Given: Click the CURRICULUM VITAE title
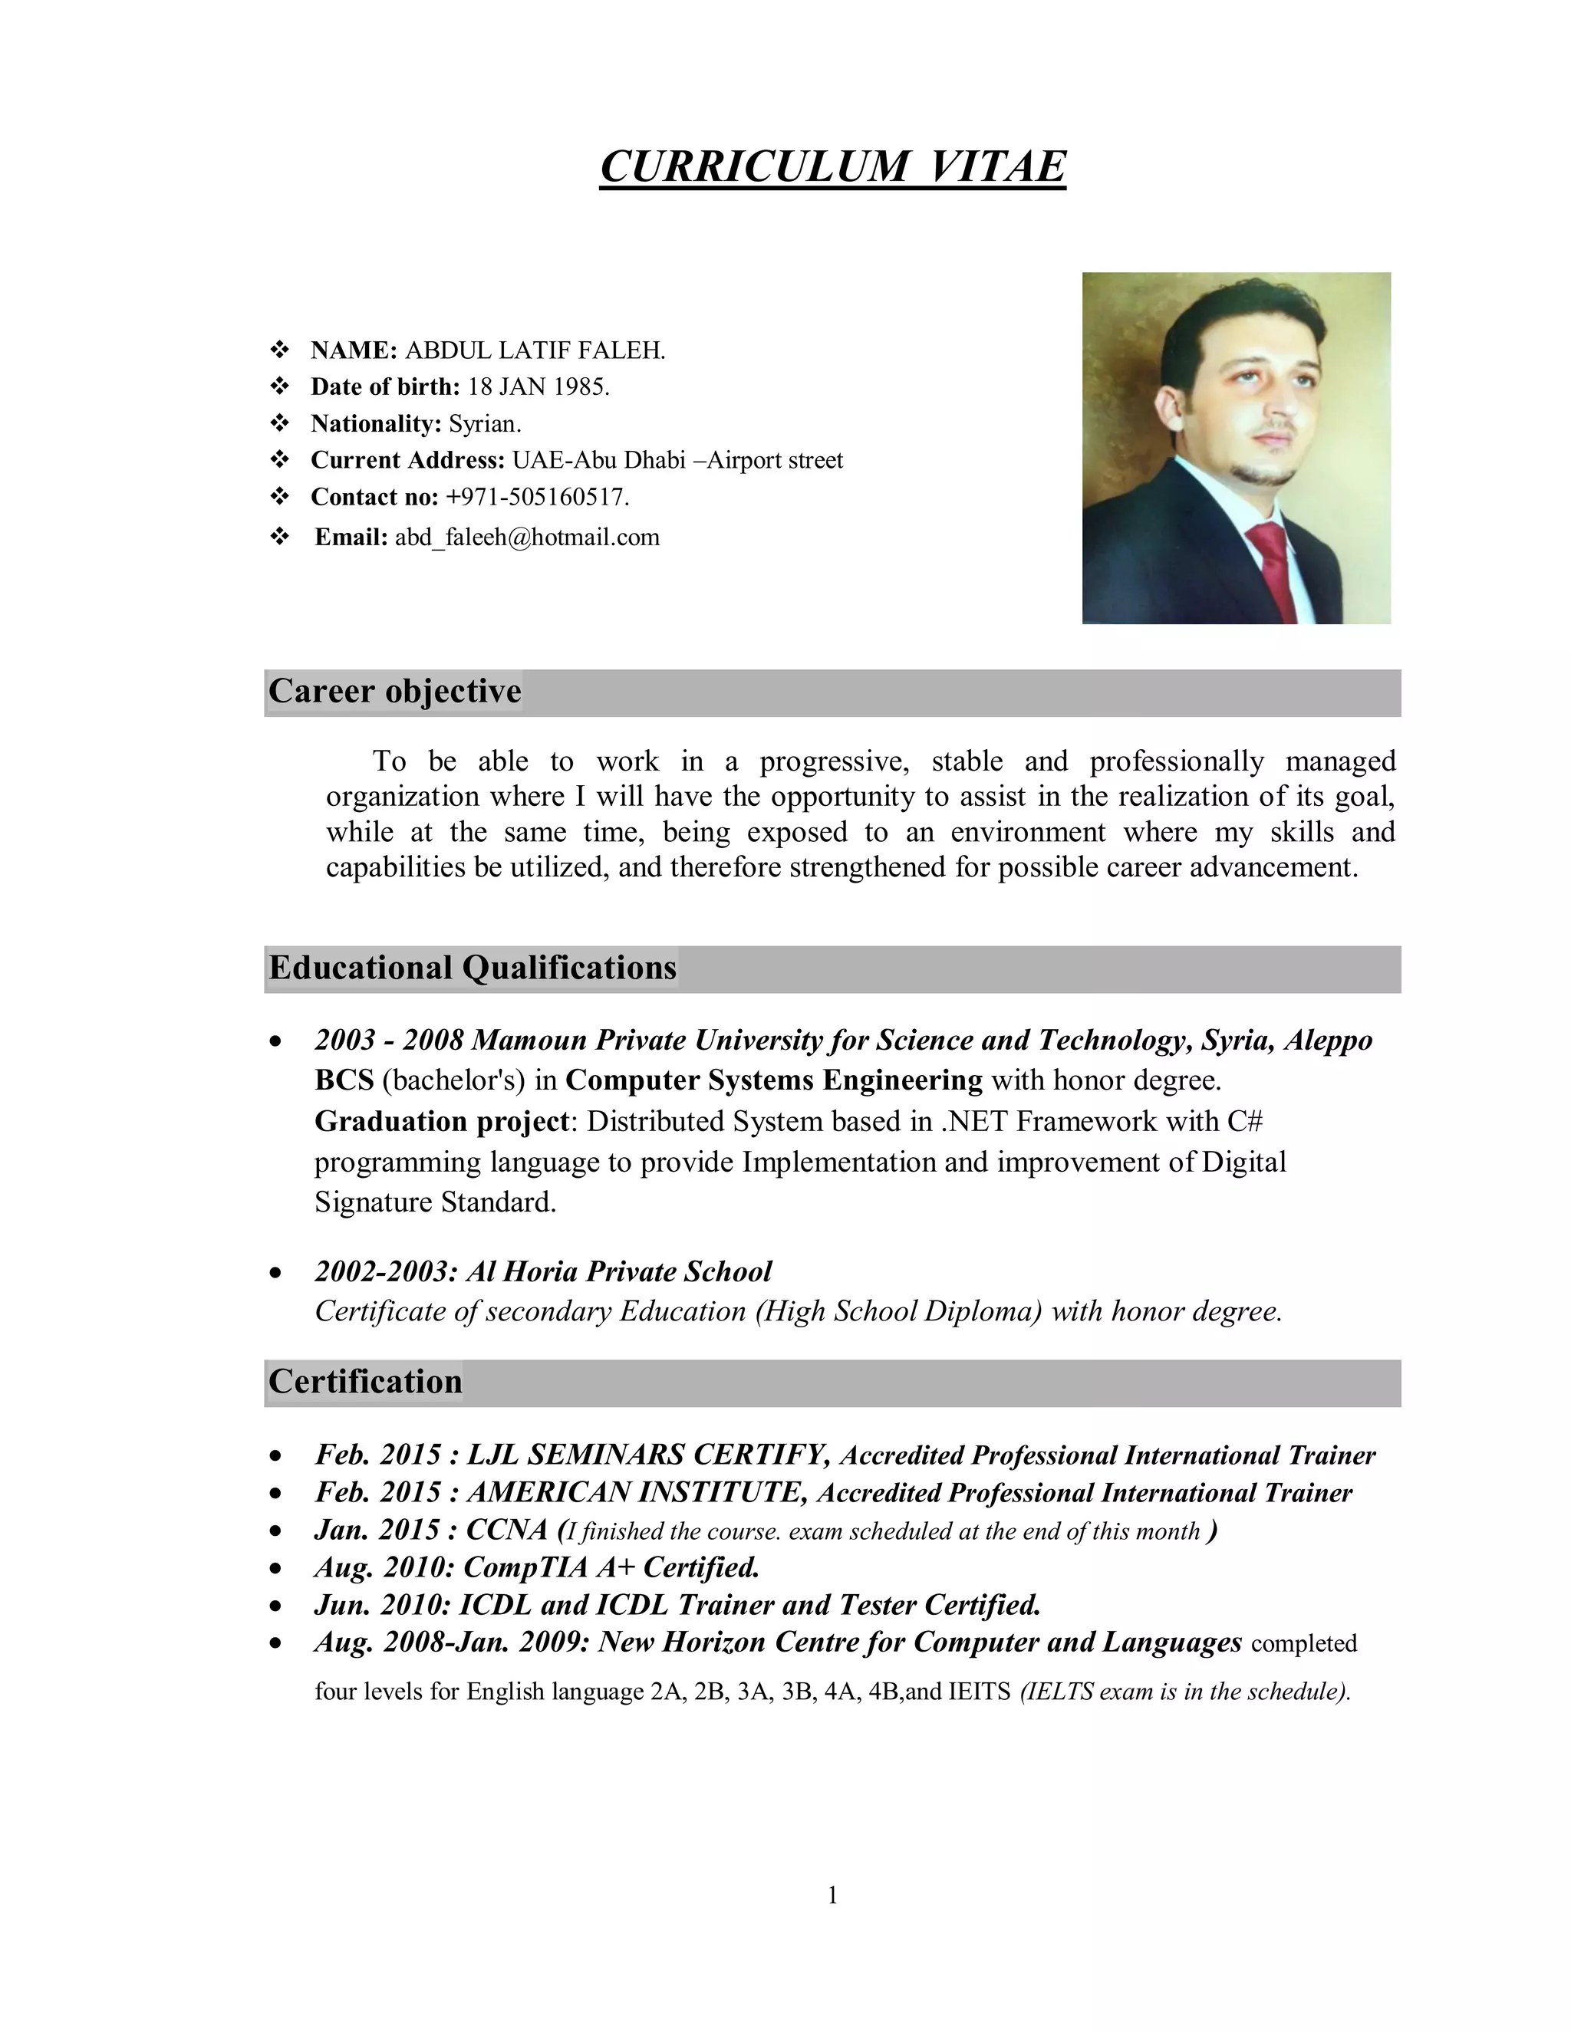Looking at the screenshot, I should click(x=832, y=167).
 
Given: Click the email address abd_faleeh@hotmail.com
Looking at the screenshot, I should click(x=527, y=538).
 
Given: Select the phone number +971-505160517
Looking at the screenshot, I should click(x=537, y=498).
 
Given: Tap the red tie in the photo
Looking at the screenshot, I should click(x=1273, y=567).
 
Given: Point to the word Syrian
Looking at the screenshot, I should click(x=484, y=424).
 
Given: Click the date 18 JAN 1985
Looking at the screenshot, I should click(x=538, y=387).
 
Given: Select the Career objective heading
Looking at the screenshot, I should click(x=394, y=692).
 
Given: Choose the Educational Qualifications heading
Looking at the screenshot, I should click(x=472, y=968).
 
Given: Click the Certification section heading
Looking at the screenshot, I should click(x=365, y=1383).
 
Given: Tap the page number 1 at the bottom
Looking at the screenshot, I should click(x=832, y=1896).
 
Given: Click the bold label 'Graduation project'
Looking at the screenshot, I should click(x=441, y=1122).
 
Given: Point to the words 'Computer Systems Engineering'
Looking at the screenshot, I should click(x=773, y=1081).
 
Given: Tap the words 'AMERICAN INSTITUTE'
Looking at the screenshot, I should click(x=637, y=1493).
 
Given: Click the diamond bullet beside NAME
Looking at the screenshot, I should click(x=279, y=350).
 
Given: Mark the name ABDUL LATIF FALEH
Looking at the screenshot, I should click(x=535, y=350).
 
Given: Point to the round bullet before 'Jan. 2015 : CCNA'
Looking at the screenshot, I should click(x=275, y=1531).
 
